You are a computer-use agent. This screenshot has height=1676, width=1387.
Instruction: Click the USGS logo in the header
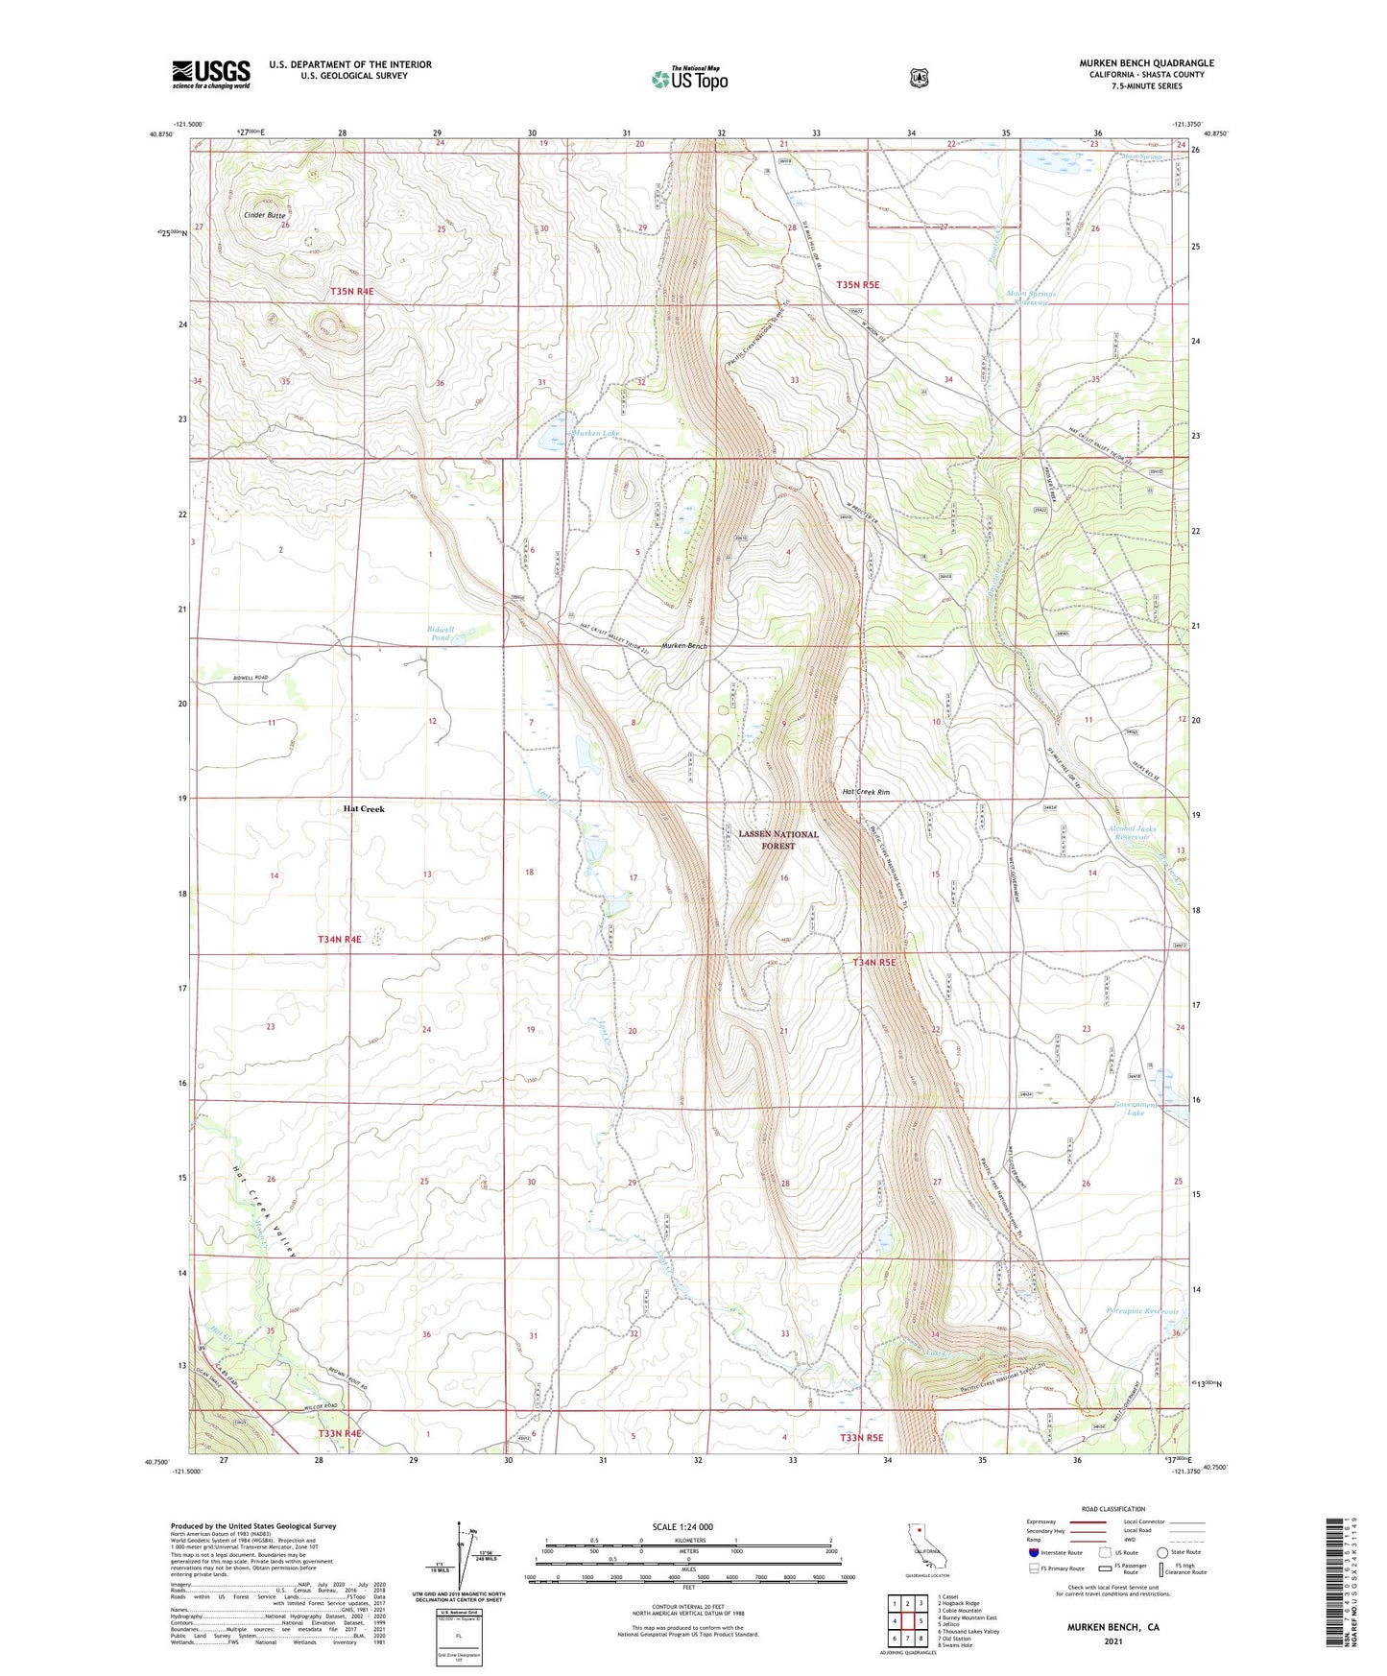[x=211, y=74]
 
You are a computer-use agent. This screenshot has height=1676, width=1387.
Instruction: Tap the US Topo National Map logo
[x=689, y=79]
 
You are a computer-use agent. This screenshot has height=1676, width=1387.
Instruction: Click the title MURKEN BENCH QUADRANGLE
[x=1146, y=63]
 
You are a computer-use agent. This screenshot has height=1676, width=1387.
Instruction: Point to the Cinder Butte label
[x=264, y=216]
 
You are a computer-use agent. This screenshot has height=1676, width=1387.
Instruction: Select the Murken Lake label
[x=596, y=434]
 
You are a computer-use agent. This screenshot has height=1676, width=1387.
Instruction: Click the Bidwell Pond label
[x=441, y=634]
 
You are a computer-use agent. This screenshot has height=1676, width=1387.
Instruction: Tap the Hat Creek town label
[x=364, y=809]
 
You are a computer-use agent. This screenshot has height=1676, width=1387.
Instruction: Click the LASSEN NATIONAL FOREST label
[x=778, y=840]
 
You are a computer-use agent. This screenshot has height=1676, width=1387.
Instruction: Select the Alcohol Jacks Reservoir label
[x=1133, y=832]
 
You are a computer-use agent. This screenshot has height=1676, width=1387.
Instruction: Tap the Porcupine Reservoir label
[x=1142, y=1311]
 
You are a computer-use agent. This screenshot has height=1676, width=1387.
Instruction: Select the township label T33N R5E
[x=861, y=1438]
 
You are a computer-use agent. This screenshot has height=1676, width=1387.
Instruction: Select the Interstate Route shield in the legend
[x=1034, y=1552]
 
